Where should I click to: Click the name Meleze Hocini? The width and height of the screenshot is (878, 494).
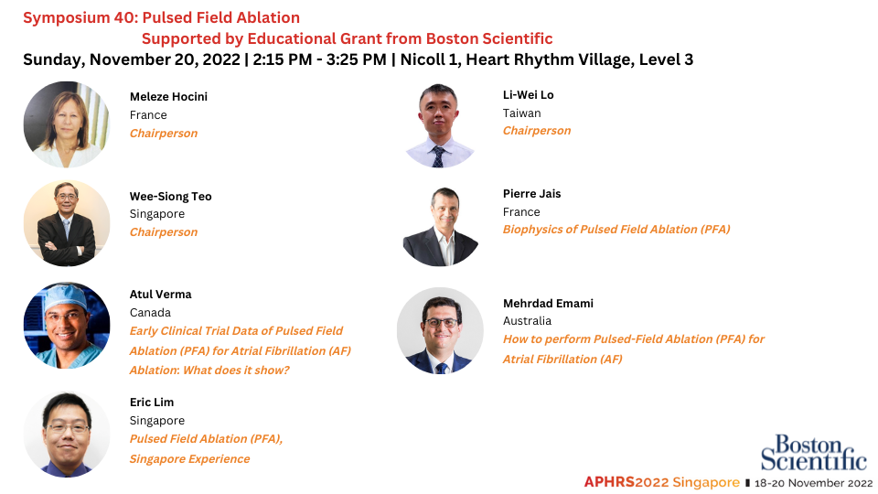168,96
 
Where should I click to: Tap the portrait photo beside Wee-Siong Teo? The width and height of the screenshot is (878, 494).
67,223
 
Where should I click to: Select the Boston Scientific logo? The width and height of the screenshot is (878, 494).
813,453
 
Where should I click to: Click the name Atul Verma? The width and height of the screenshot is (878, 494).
161,294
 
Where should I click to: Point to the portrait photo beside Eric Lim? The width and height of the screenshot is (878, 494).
67,434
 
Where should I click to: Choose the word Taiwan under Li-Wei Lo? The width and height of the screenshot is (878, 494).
522,113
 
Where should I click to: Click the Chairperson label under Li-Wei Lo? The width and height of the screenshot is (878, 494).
537,131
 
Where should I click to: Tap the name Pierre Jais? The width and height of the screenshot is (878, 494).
532,194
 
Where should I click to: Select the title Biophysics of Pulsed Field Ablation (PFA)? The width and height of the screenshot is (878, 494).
616,229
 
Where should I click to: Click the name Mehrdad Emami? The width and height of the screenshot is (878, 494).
548,303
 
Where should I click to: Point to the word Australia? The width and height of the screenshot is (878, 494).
527,320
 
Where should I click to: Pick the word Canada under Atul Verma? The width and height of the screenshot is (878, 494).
150,313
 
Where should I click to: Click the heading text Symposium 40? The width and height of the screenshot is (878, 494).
79,18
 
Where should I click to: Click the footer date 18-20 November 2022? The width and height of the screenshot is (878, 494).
814,483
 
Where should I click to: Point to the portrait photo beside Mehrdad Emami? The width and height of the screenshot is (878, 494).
440,330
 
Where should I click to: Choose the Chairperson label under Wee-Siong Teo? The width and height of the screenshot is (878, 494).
164,231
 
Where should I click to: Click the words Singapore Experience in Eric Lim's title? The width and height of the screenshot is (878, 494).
190,458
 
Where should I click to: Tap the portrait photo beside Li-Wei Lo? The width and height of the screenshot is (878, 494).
440,125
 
